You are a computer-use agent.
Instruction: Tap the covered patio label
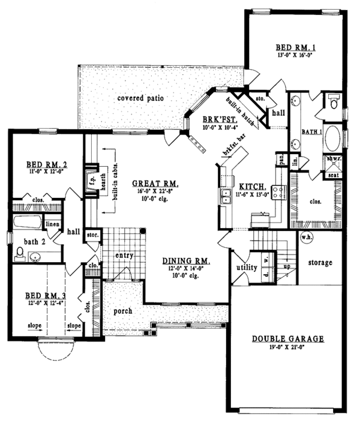(141, 98)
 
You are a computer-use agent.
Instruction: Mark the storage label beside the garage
(320, 263)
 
